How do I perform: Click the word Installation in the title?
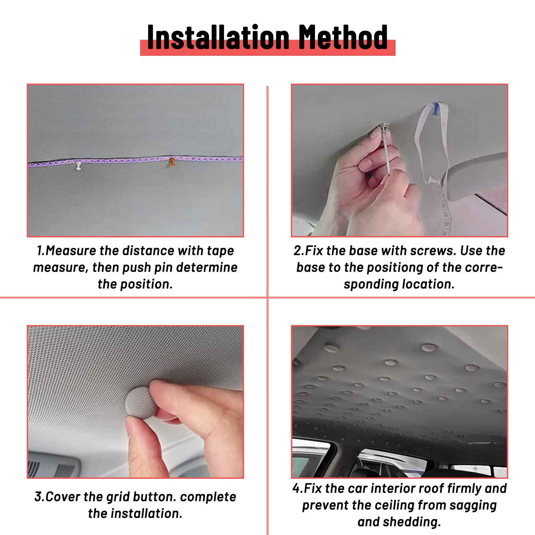(x=218, y=37)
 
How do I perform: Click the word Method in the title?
(x=343, y=37)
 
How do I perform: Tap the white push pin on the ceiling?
(x=79, y=165)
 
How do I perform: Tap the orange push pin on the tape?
(x=172, y=162)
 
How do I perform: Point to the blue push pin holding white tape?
(x=435, y=109)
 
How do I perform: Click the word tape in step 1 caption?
(x=220, y=251)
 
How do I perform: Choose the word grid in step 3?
(x=117, y=497)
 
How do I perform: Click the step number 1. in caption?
(x=40, y=251)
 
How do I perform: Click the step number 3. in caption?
(x=39, y=497)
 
